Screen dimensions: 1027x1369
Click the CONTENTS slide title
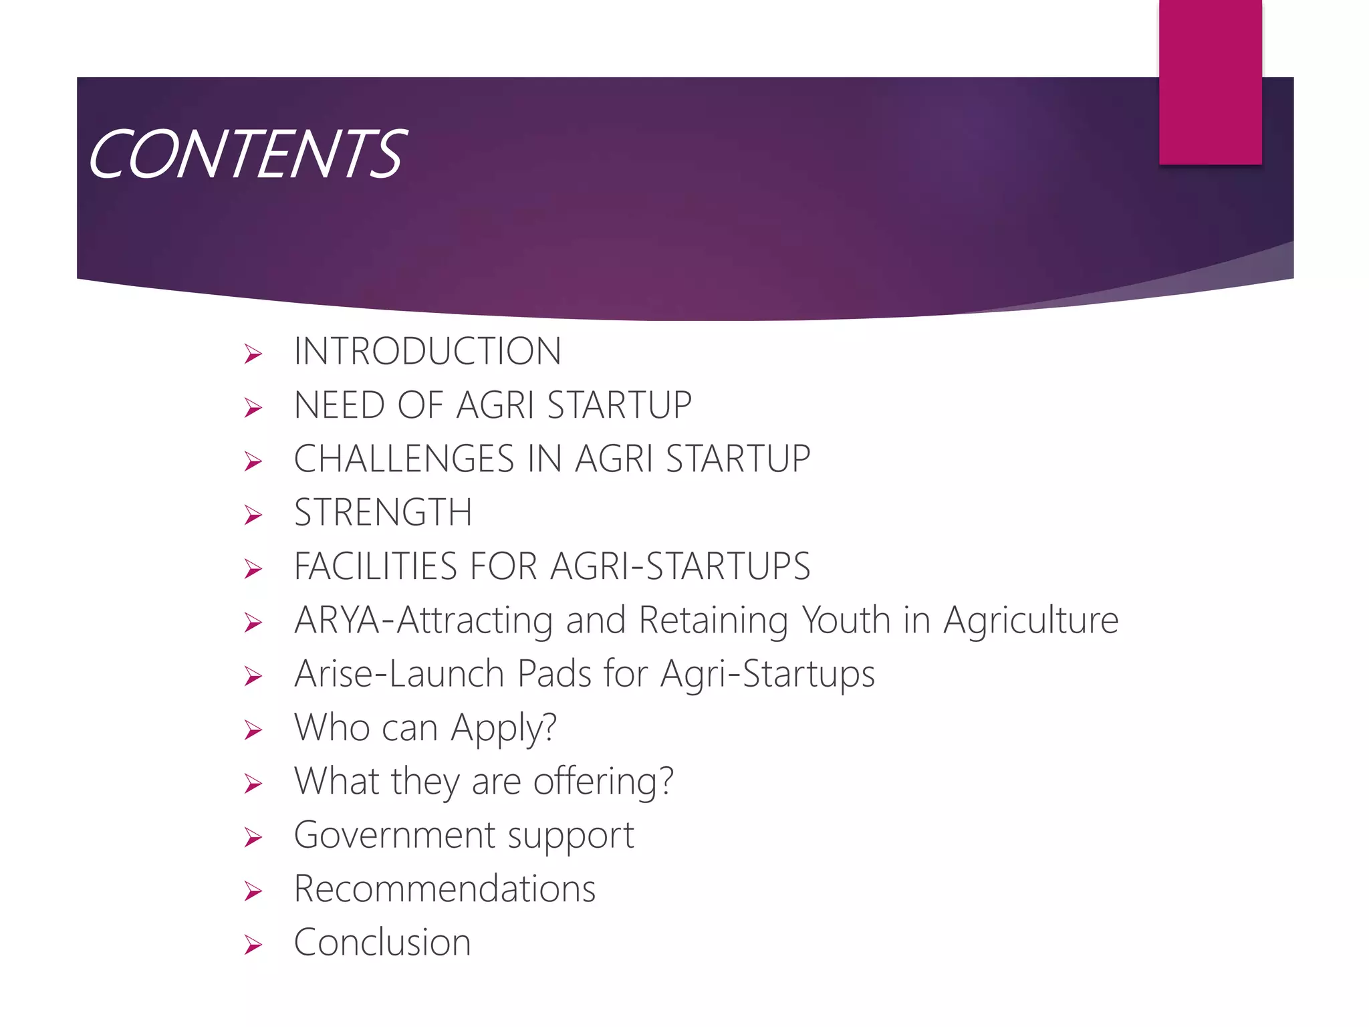(246, 154)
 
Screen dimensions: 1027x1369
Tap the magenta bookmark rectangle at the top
(1210, 82)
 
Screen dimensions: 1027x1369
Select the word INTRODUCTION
(427, 351)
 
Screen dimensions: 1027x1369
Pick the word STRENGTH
(383, 513)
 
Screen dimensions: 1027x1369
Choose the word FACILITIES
(374, 566)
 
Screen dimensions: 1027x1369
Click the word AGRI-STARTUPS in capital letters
(680, 566)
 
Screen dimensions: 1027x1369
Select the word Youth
(846, 620)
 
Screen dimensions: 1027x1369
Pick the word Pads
(554, 674)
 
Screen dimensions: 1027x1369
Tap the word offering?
(603, 782)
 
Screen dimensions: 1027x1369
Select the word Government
(395, 835)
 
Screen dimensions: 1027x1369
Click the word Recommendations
(445, 889)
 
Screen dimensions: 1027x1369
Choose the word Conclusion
(382, 943)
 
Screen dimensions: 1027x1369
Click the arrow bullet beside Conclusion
(253, 945)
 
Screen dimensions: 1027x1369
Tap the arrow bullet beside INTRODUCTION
(253, 353)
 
